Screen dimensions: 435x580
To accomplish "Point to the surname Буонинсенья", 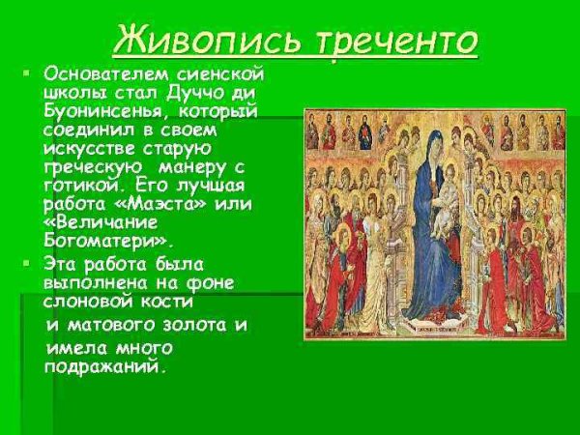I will [101, 112].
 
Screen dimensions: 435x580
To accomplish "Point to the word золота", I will [180, 324].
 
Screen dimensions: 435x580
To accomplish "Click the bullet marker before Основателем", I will [28, 73].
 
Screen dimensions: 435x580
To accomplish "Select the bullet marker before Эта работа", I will [28, 262].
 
